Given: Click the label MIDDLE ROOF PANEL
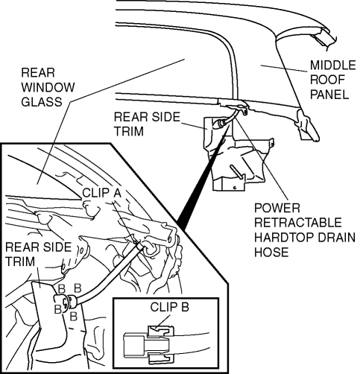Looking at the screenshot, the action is [x=333, y=80].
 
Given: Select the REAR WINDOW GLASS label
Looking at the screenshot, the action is [x=48, y=87].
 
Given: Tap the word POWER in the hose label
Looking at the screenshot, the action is [x=277, y=208].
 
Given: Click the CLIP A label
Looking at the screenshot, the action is [x=101, y=193].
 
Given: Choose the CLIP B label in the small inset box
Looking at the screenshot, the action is [x=169, y=307].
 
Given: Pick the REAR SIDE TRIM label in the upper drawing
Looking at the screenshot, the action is [x=147, y=124].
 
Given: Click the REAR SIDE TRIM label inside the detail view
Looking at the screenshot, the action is [x=38, y=254].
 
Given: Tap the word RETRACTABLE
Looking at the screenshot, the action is [x=298, y=223].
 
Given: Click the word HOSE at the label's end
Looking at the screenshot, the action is [x=271, y=252].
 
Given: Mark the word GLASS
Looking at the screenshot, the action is [x=42, y=102].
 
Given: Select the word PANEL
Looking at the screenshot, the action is [x=329, y=95].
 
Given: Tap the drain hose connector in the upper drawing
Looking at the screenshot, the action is [x=221, y=123].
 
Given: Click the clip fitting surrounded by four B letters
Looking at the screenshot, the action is [x=66, y=302].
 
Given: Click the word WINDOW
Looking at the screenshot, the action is [x=48, y=87].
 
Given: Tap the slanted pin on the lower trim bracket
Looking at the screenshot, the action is [x=236, y=171].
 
